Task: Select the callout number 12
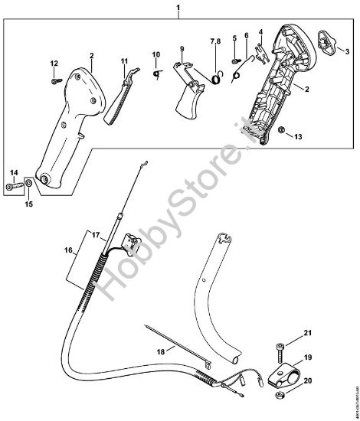[x=54, y=63]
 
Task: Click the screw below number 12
[x=56, y=77]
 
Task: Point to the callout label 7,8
[x=216, y=40]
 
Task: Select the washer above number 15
[x=28, y=184]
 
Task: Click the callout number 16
[x=68, y=250]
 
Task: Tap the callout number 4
[x=260, y=33]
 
